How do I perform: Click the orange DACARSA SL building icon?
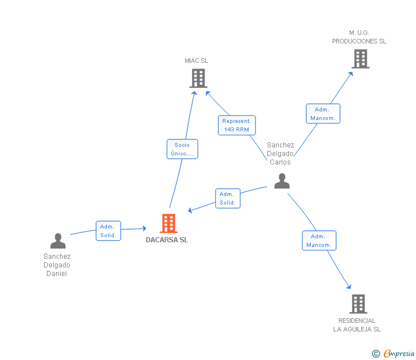click(x=169, y=223)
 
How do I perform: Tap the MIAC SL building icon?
click(x=198, y=78)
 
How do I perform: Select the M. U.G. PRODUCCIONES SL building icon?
click(x=361, y=59)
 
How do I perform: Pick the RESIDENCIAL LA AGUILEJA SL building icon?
click(x=358, y=304)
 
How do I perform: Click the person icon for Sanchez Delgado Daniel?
click(x=58, y=241)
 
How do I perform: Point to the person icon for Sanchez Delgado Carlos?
click(x=282, y=181)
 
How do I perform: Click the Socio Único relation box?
click(x=182, y=149)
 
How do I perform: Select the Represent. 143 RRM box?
click(x=237, y=125)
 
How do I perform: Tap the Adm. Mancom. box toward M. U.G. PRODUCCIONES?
click(x=323, y=114)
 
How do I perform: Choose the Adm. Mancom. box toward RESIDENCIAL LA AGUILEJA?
click(x=319, y=241)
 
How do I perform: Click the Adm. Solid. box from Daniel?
click(x=108, y=231)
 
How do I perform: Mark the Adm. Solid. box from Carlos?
click(x=227, y=198)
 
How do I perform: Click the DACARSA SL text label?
click(x=167, y=240)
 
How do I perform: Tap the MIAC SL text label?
click(x=197, y=61)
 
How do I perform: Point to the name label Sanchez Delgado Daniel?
click(x=57, y=265)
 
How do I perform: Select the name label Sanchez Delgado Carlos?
click(x=280, y=153)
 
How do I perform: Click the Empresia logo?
click(x=393, y=353)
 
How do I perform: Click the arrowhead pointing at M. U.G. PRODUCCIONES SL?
click(x=351, y=74)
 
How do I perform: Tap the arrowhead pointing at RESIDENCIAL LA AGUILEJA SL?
click(x=349, y=286)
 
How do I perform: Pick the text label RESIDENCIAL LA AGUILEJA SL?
click(x=357, y=325)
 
